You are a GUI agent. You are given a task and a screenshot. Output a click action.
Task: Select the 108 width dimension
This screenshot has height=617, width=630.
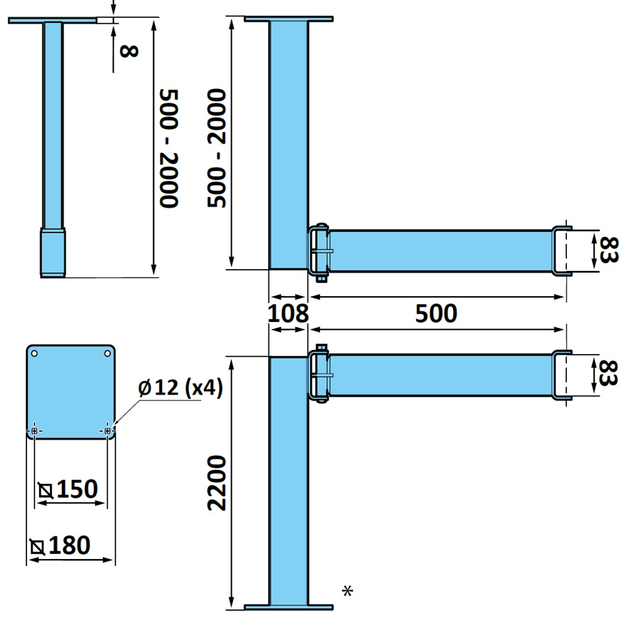(x=289, y=313)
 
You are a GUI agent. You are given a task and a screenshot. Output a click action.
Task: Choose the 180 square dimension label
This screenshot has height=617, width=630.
(x=69, y=545)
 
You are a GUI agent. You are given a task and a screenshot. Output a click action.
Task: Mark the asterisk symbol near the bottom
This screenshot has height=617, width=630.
(x=347, y=591)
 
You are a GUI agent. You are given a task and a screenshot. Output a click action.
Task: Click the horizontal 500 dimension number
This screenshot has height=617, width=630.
(x=436, y=313)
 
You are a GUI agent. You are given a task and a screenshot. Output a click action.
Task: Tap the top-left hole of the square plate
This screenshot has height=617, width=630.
(x=35, y=354)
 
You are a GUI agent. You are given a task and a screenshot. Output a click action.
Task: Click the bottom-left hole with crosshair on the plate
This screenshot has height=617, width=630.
(x=35, y=430)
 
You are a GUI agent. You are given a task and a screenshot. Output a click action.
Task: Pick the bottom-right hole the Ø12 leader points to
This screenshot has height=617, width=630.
(x=108, y=430)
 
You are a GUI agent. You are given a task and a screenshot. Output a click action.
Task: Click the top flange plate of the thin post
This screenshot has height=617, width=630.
(x=53, y=21)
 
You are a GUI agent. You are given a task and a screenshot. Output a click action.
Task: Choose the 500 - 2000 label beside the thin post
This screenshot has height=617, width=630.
(x=169, y=148)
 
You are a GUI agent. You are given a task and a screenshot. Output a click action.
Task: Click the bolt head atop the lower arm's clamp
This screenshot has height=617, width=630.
(x=321, y=348)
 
